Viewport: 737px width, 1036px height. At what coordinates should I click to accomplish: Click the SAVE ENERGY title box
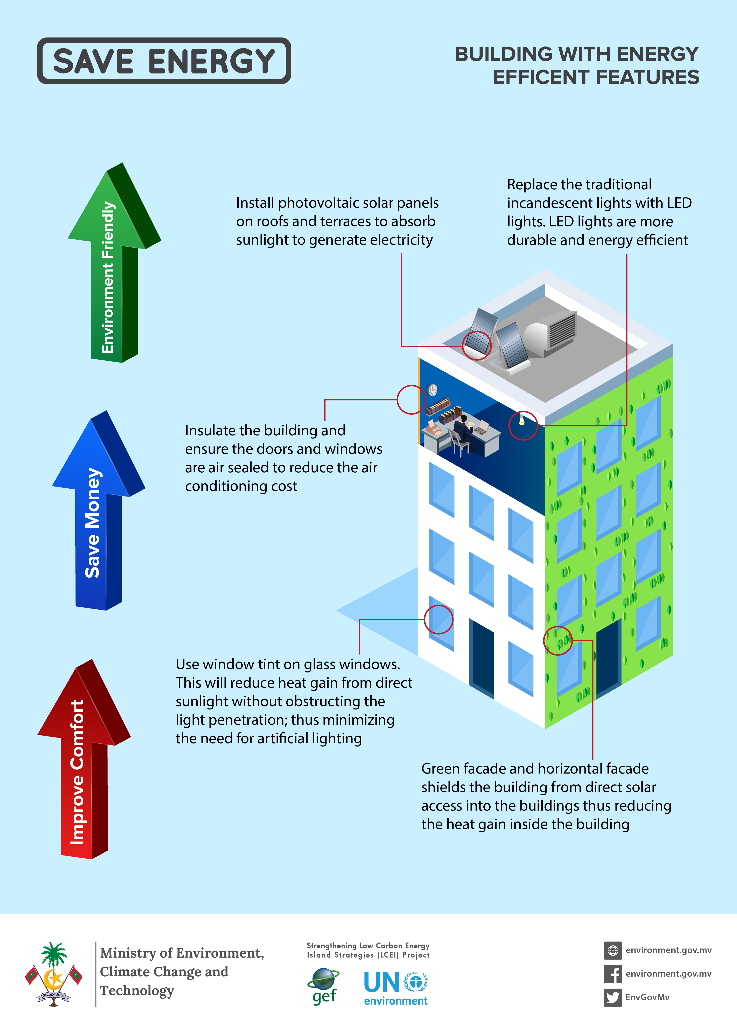point(164,61)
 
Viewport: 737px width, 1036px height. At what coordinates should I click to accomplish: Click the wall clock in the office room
point(433,389)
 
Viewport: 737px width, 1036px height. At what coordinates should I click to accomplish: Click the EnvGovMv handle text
point(647,997)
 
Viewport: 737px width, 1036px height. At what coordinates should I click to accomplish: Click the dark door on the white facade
point(481,656)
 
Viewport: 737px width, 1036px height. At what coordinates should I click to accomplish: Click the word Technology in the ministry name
point(137,991)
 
